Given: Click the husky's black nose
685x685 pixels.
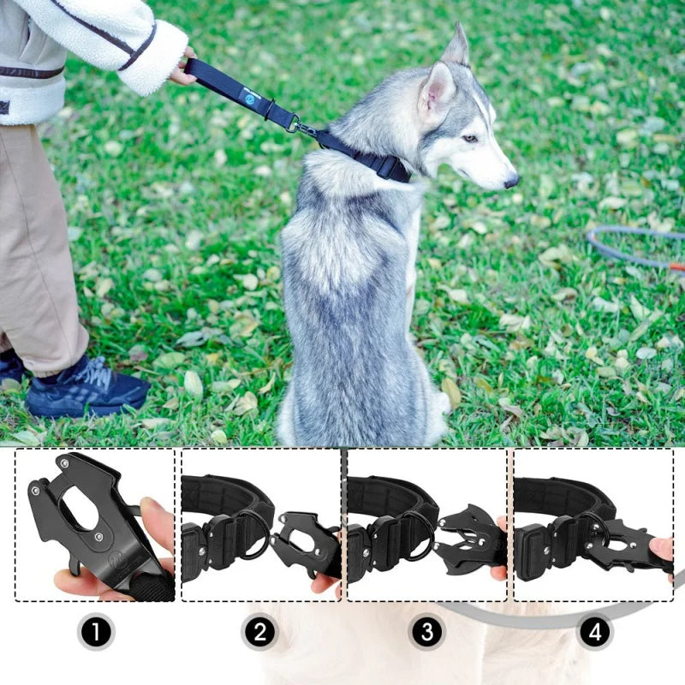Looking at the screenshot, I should pos(511,181).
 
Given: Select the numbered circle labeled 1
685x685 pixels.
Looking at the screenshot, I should pos(96,633).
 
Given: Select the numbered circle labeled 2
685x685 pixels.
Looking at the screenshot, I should pos(260,633).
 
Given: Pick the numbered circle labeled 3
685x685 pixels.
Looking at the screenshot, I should pos(426,633).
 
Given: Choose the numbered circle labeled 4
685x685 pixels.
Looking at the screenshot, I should pos(593,633).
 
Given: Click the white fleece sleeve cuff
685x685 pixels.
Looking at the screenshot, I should pos(154,60).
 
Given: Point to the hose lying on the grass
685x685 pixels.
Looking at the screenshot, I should pos(634,244).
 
